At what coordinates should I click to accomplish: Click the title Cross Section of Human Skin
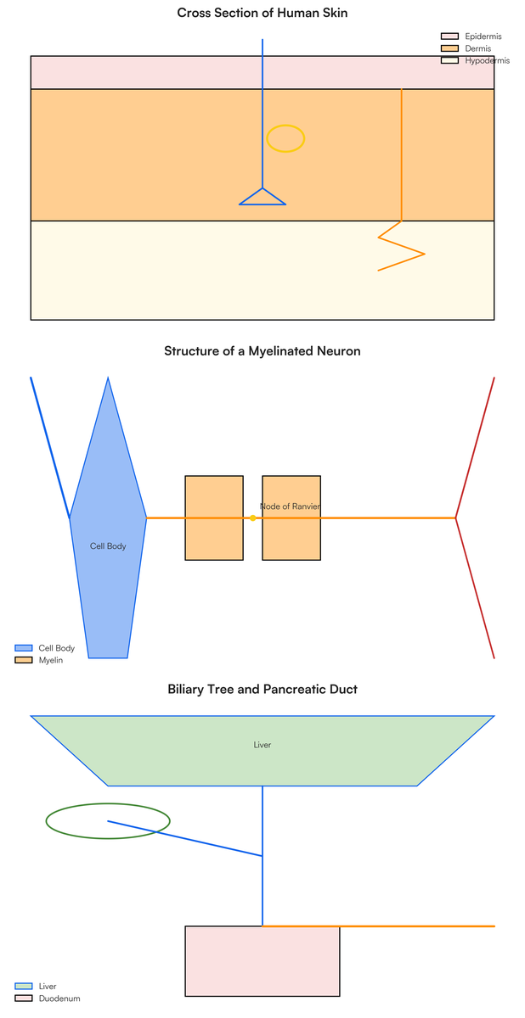(x=262, y=13)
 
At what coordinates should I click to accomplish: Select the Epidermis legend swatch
(x=449, y=36)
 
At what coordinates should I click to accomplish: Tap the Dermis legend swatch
(x=449, y=48)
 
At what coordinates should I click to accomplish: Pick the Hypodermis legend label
(x=488, y=60)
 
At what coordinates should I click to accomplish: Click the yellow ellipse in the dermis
(x=285, y=125)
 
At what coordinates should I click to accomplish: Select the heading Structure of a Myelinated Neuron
(x=262, y=351)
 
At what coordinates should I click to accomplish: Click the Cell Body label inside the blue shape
(x=108, y=545)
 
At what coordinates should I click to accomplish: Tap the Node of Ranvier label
(x=290, y=506)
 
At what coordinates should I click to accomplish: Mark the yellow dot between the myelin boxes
(x=253, y=518)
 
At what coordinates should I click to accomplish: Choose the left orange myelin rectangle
(x=214, y=518)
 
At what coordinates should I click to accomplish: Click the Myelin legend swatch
(x=24, y=660)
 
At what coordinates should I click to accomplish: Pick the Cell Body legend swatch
(x=24, y=647)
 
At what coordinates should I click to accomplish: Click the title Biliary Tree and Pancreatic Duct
(x=262, y=689)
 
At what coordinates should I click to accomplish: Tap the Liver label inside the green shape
(x=262, y=745)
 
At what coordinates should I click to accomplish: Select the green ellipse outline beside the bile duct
(x=108, y=803)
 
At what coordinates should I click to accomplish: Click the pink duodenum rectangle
(x=262, y=960)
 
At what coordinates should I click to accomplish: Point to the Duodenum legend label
(x=59, y=998)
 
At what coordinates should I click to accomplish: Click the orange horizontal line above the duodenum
(x=379, y=926)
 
